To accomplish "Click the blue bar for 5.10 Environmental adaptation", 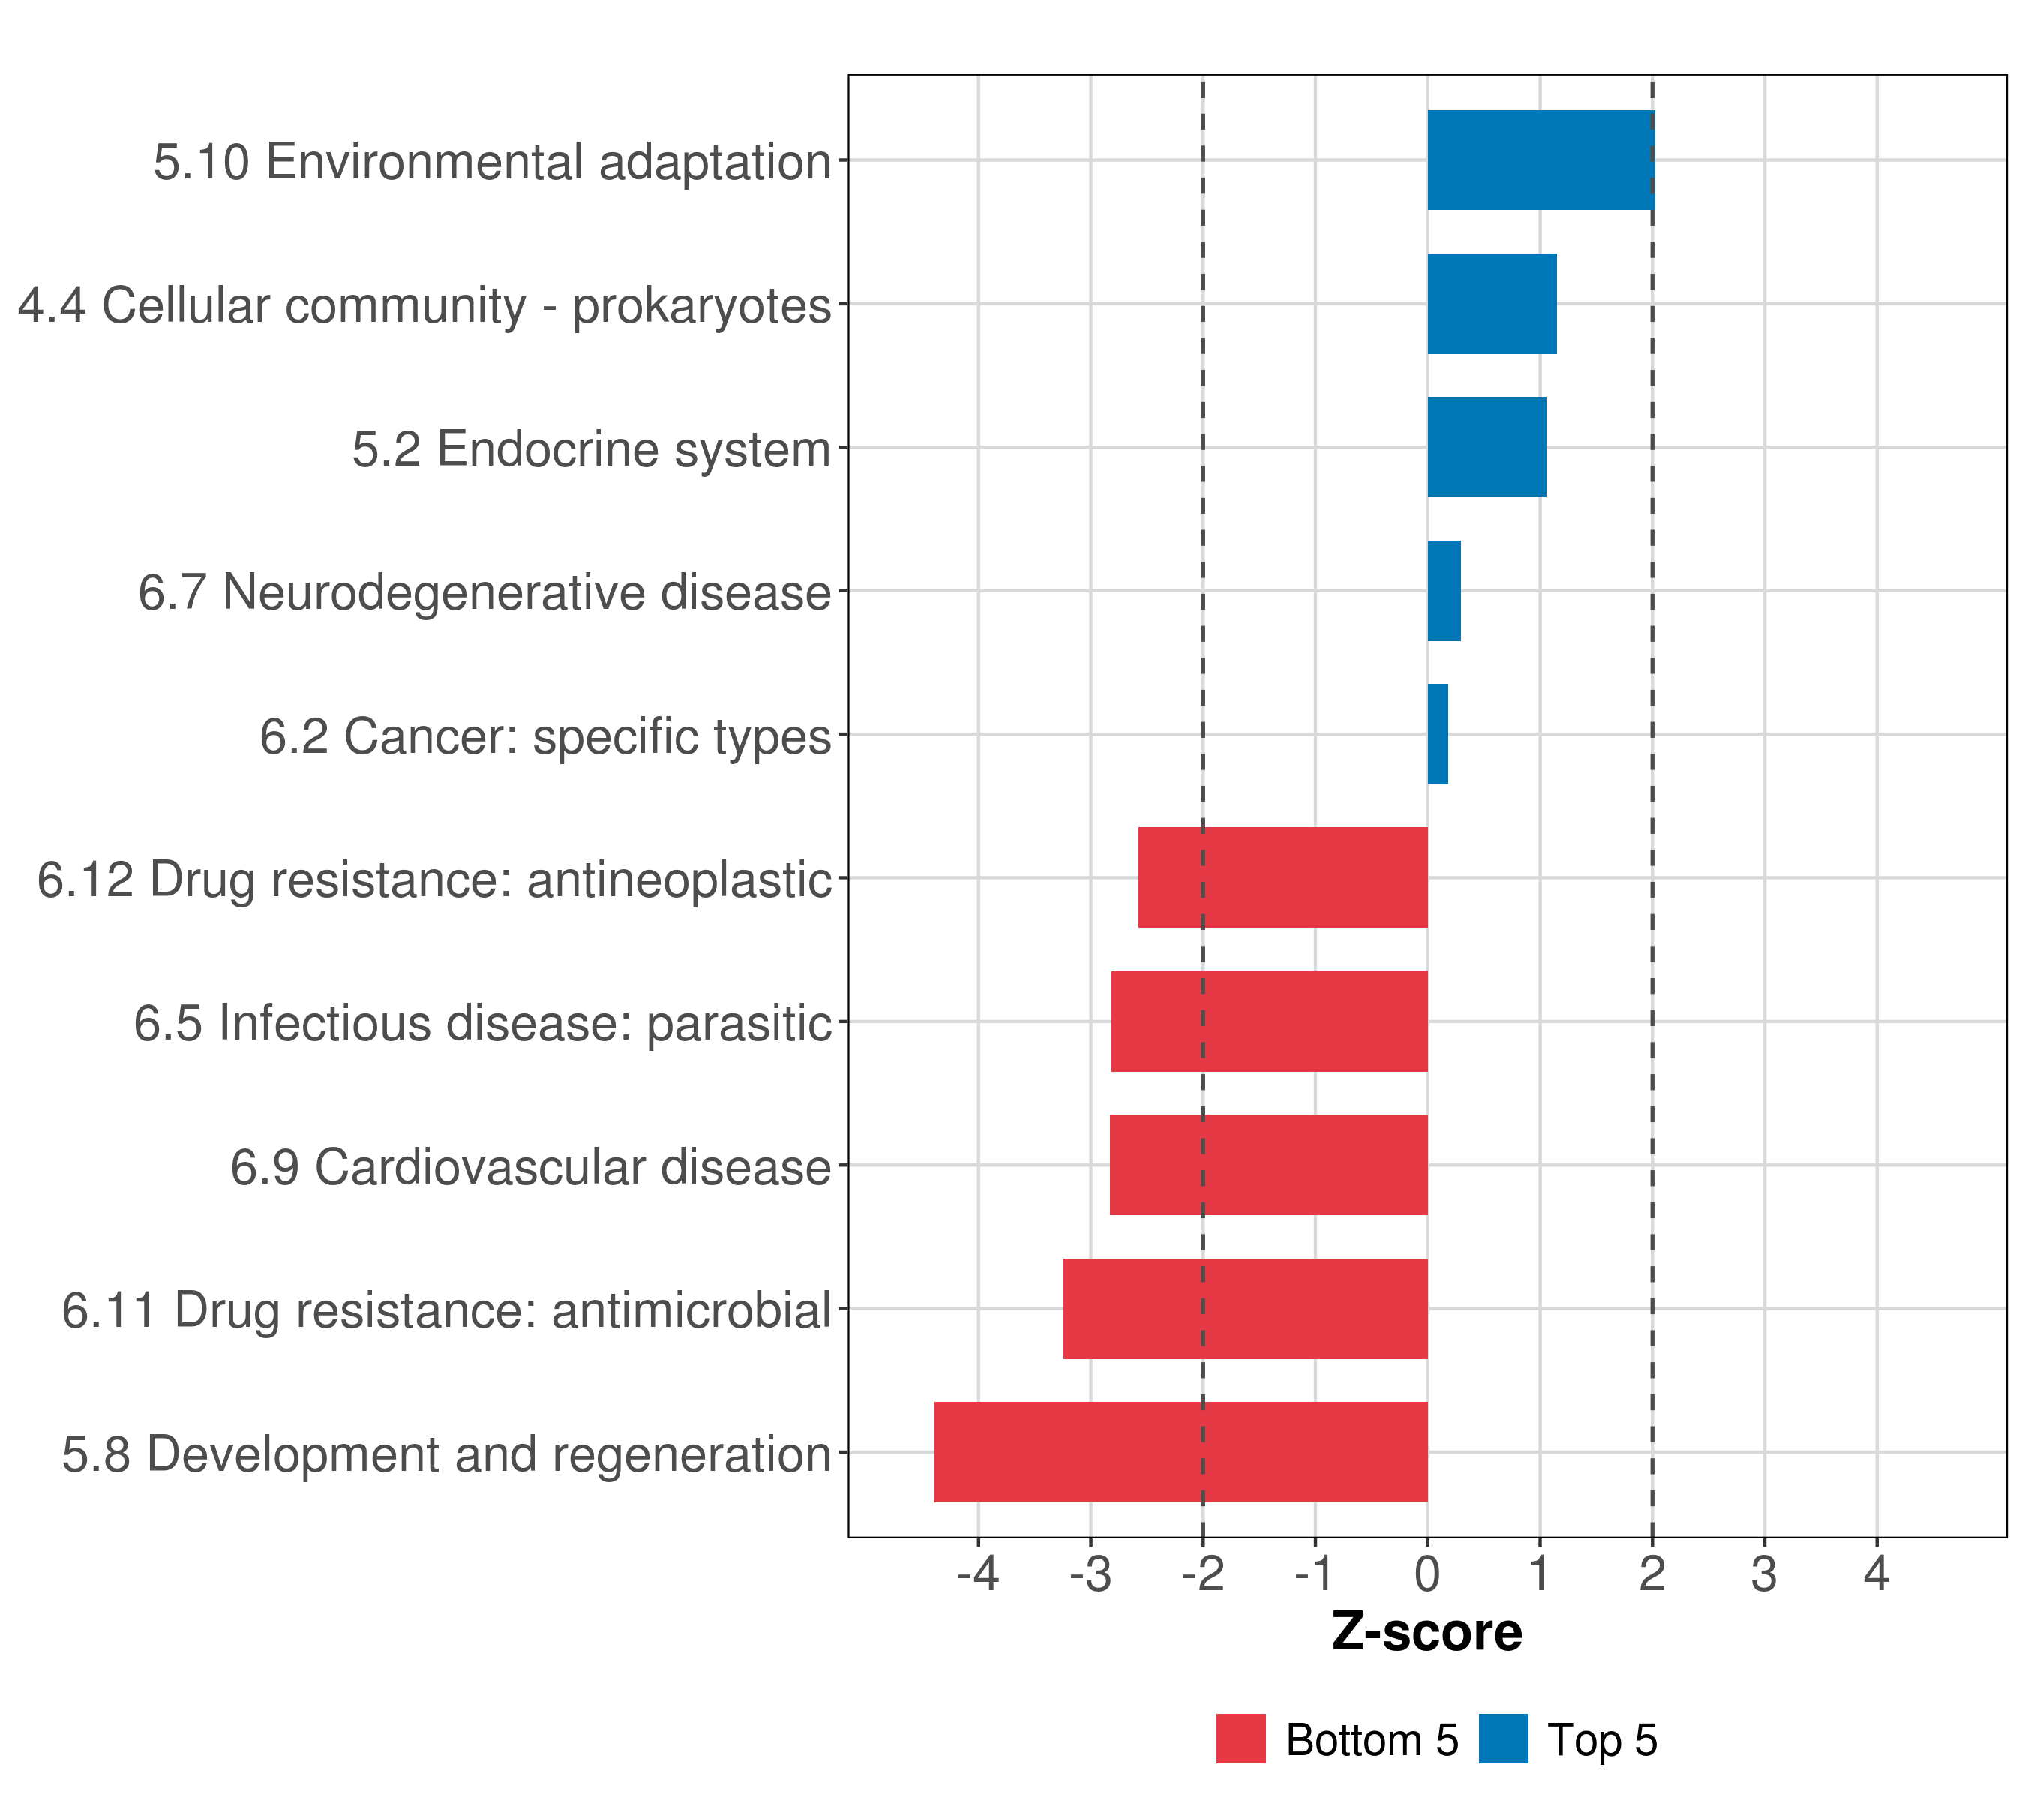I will pos(1540,160).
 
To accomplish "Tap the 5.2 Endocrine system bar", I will pos(1486,447).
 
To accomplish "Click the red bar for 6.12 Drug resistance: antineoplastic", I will pos(1283,877).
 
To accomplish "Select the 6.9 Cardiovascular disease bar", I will pos(1268,1165).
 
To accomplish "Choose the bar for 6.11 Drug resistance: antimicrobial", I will pos(1245,1309).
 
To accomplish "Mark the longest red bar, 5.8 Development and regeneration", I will pos(1181,1452).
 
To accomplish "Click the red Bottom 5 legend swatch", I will pos(1240,1738).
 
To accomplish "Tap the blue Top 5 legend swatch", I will pos(1503,1738).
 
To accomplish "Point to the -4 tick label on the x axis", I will pos(978,1573).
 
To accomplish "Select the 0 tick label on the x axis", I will pos(1427,1573).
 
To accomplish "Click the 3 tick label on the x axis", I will pos(1763,1573).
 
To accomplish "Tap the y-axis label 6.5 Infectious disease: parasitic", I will pos(482,1022).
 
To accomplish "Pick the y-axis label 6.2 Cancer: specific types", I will pos(545,736).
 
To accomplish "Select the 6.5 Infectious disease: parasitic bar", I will pos(1269,1021).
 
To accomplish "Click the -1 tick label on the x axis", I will pos(1315,1573).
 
